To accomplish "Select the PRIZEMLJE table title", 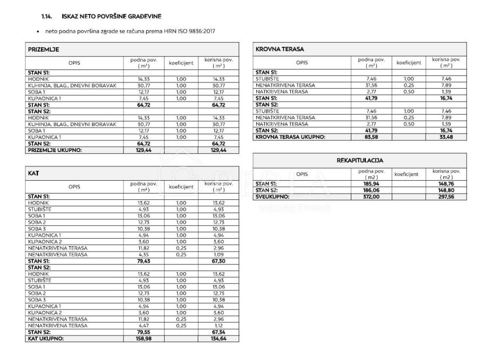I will pos(44,49).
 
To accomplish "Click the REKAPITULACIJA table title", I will pos(360,160).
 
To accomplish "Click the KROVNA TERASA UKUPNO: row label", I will pos(290,137).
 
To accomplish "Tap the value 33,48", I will pos(446,137).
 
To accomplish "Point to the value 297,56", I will pos(446,197).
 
